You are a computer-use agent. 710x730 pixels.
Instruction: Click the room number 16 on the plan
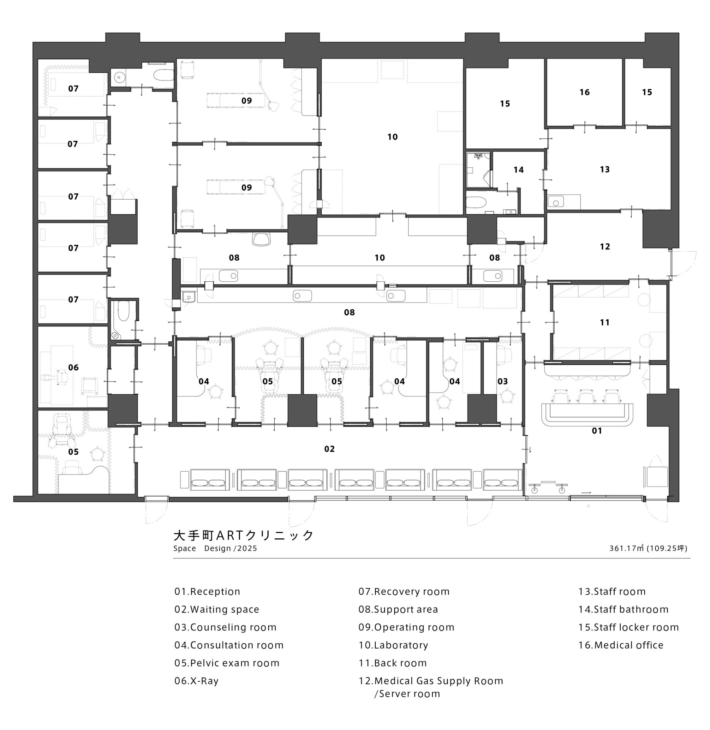point(584,92)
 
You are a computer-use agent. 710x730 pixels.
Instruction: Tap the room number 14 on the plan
point(519,170)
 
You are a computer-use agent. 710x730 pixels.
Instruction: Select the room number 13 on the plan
point(605,169)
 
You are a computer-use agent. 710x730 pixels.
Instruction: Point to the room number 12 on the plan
point(605,246)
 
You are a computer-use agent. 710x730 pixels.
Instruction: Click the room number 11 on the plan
point(605,322)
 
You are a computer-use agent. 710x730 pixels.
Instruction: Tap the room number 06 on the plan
point(73,367)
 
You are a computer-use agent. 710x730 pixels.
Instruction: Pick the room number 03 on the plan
point(503,381)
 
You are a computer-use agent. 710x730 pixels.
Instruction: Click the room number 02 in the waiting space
point(329,449)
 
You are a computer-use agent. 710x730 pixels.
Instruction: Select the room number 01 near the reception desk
point(597,431)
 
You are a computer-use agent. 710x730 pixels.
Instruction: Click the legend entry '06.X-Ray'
point(196,681)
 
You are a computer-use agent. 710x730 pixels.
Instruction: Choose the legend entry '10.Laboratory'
point(393,645)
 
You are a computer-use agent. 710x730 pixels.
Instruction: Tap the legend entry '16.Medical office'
point(621,645)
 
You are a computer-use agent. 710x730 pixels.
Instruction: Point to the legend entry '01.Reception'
point(207,591)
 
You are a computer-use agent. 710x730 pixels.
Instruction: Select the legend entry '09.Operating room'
point(406,627)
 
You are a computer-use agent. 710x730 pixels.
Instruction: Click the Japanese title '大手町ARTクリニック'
point(244,535)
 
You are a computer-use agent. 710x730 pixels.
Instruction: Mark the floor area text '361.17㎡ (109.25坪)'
point(648,548)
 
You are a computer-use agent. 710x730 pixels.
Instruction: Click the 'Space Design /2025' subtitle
point(215,549)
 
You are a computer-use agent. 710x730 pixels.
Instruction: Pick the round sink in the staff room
point(556,203)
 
